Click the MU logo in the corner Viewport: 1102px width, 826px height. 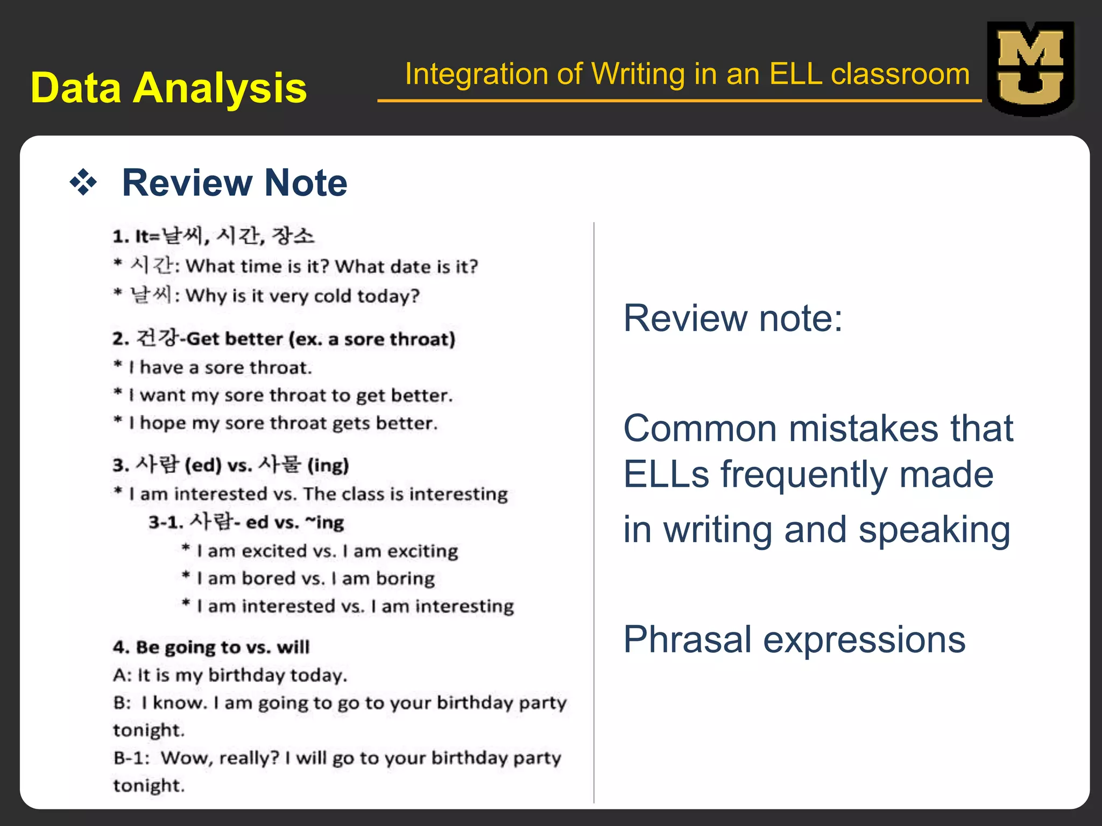pos(1030,68)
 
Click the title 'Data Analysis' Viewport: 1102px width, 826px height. pos(168,88)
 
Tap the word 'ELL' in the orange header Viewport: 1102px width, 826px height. pos(795,74)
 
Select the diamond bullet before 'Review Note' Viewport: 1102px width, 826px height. pos(83,182)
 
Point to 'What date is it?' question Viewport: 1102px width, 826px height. pos(406,267)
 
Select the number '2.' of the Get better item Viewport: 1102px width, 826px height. pos(121,339)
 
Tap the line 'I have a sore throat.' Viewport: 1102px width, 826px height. pos(220,368)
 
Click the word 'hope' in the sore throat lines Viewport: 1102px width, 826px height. pos(163,424)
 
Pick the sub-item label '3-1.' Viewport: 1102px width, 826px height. pos(166,523)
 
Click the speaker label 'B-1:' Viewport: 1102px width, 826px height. pos(131,758)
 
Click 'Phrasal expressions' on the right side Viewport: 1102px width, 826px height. pos(794,640)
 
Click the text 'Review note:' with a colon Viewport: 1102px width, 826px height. pos(732,318)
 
